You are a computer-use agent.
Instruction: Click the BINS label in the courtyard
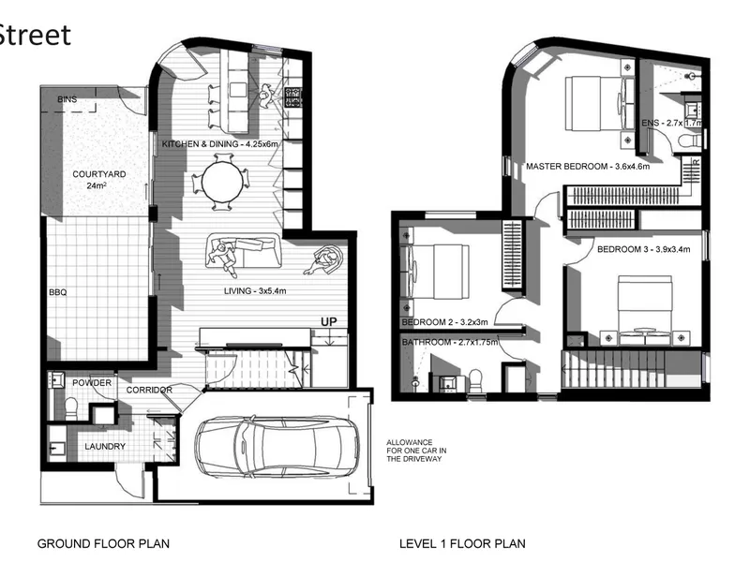click(x=67, y=99)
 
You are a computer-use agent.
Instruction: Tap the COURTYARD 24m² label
click(x=99, y=180)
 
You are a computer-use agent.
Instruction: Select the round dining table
click(x=222, y=182)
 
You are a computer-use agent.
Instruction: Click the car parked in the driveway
click(x=277, y=447)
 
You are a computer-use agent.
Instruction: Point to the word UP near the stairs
click(x=329, y=321)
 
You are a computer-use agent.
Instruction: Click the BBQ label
click(x=58, y=292)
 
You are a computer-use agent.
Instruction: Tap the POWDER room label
click(x=92, y=383)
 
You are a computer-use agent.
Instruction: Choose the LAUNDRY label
click(x=105, y=447)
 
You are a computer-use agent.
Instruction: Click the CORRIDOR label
click(x=149, y=390)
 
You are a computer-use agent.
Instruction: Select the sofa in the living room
click(x=243, y=250)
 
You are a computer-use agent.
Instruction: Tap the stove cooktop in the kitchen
click(x=292, y=97)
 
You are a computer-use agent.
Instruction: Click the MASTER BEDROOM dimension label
click(x=588, y=167)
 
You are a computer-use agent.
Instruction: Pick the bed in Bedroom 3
click(x=645, y=310)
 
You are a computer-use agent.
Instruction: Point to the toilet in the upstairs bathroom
click(x=475, y=380)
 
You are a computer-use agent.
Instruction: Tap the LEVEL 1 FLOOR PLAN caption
click(x=462, y=543)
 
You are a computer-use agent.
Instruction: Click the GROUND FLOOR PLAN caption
click(x=103, y=543)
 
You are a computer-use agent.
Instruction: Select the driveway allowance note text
click(x=416, y=451)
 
